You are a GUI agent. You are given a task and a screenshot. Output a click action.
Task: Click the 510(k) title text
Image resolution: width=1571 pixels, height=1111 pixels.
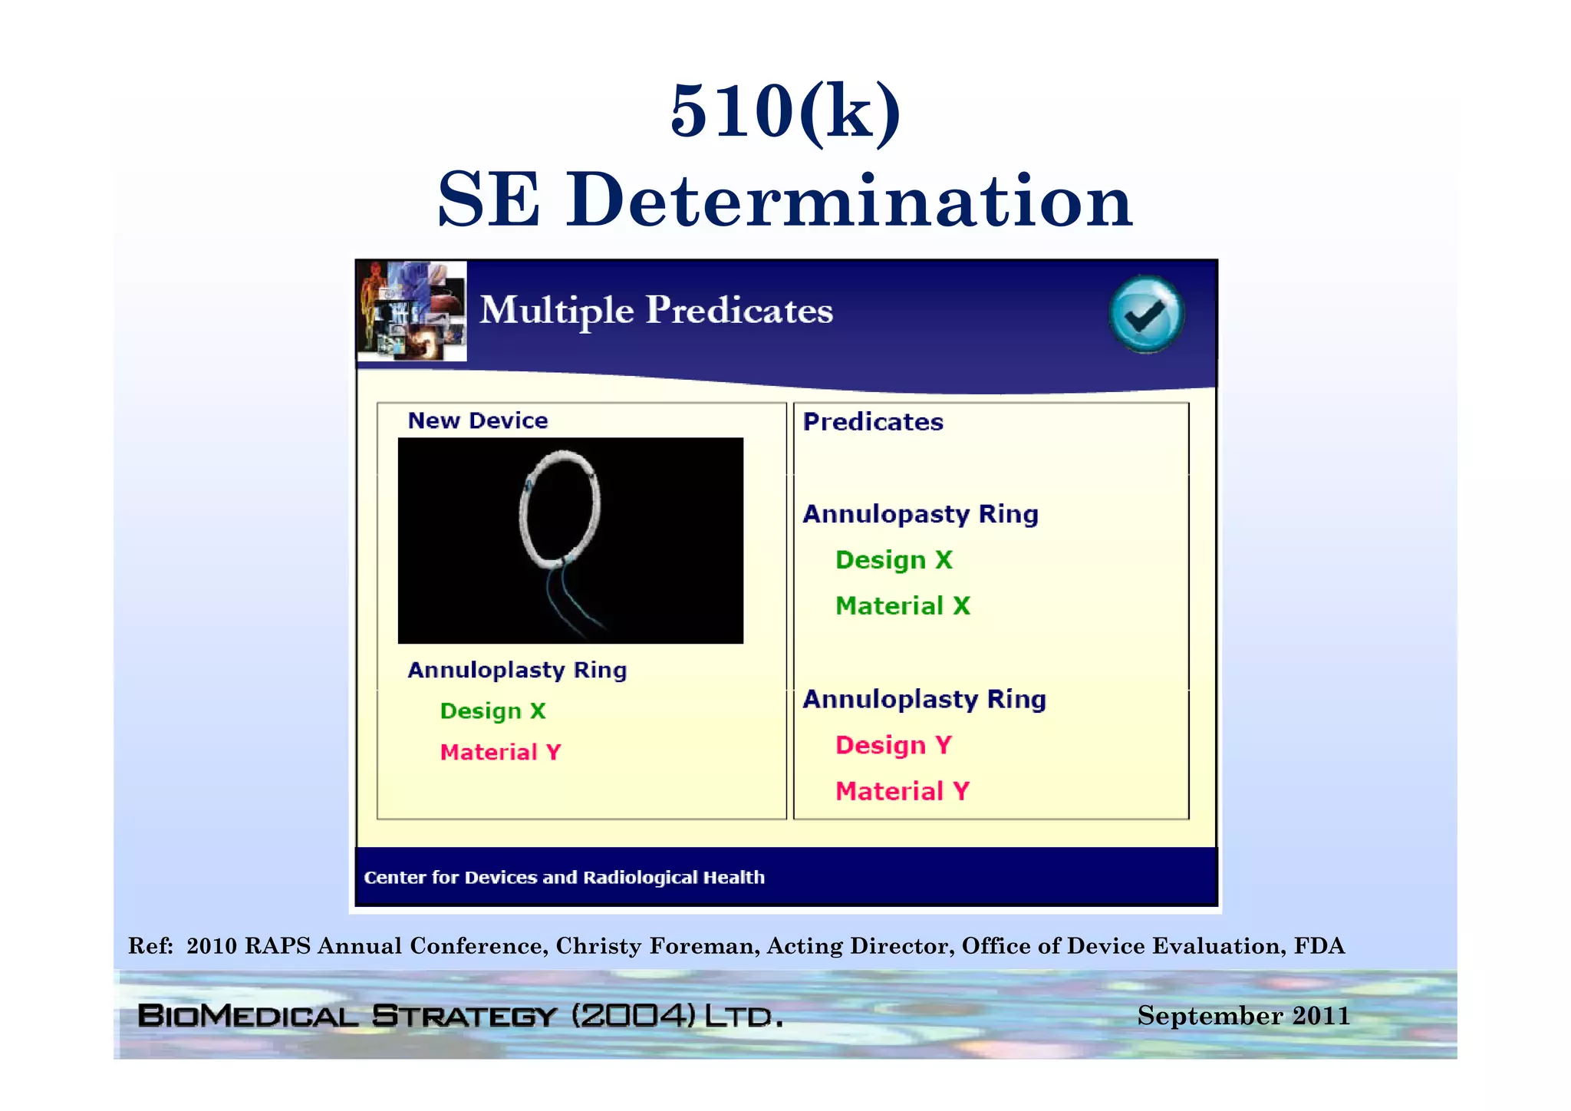coord(785,112)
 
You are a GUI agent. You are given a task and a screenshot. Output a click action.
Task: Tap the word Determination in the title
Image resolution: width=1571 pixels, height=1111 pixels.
coord(849,201)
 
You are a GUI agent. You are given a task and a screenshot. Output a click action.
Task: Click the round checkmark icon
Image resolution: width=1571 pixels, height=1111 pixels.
coord(1146,315)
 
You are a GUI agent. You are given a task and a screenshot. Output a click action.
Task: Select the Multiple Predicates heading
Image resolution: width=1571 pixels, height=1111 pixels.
coord(656,311)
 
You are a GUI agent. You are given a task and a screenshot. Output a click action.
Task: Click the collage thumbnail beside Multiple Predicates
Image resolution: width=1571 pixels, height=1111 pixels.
coord(413,311)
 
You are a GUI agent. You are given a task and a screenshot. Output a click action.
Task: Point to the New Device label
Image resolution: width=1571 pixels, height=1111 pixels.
coord(477,420)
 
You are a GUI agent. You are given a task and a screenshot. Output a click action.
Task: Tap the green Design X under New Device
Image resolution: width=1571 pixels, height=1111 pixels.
coord(492,711)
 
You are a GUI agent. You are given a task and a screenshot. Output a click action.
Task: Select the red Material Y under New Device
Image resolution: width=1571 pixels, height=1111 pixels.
coord(500,753)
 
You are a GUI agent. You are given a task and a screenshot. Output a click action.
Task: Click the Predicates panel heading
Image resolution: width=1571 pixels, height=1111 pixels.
coord(872,422)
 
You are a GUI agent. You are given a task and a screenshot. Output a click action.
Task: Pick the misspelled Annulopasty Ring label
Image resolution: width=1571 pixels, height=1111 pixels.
coord(920,514)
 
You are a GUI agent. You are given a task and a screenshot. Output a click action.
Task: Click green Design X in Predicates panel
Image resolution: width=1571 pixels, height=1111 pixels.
coord(893,560)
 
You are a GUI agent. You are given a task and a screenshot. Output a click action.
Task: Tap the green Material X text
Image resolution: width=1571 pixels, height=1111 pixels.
coord(902,606)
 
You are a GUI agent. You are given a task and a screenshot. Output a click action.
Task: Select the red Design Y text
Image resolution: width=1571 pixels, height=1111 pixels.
coord(893,745)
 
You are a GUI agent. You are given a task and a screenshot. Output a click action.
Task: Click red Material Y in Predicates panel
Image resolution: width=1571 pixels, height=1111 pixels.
coord(902,791)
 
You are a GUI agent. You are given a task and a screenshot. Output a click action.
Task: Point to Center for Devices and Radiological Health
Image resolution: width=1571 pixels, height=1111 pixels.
coord(564,878)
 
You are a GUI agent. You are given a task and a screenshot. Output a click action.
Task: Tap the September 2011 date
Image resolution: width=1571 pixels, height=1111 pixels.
coord(1243,1016)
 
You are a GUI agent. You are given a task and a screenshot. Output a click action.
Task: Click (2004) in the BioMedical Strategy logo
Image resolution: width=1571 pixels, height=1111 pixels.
coord(634,1016)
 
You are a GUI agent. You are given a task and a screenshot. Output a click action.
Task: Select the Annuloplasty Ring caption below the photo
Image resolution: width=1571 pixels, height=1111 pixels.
coord(516,671)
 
